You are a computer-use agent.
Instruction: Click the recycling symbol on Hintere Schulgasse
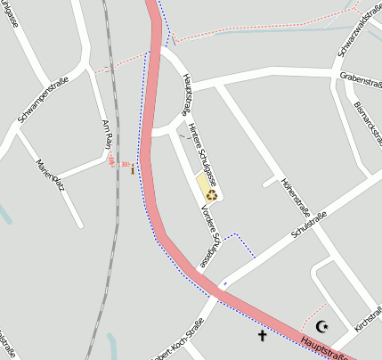[x=212, y=194]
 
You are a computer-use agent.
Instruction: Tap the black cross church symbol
[x=262, y=336]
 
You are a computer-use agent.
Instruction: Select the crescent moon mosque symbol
[x=321, y=327]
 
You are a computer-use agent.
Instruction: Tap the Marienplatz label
[x=49, y=175]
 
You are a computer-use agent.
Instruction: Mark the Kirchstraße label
[x=368, y=319]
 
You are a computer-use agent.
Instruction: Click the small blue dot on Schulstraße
[x=224, y=283]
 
